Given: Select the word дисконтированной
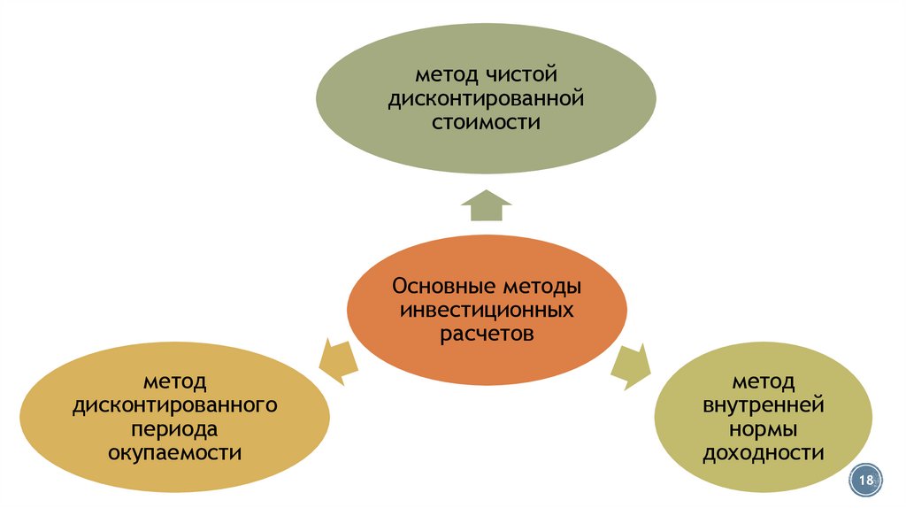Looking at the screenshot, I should point(486,96).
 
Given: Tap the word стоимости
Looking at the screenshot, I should point(486,121).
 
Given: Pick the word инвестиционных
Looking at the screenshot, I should point(486,312).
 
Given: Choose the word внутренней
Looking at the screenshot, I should point(764,405).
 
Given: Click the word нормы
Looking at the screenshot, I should point(764,429).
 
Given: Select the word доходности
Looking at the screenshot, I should point(764,453).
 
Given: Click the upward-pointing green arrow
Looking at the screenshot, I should point(486,205).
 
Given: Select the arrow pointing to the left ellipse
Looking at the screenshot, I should point(338,360).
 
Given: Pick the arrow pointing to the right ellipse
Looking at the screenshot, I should point(632,366).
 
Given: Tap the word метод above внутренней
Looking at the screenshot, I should point(764,381).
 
